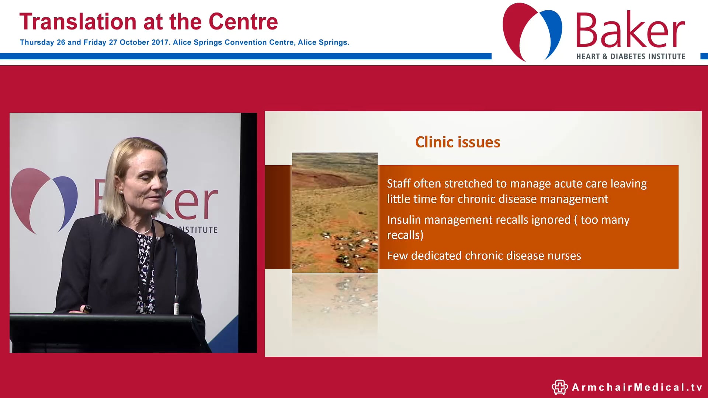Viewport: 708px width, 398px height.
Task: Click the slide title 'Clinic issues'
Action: coord(458,142)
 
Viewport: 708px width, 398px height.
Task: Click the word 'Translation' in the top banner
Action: coord(78,22)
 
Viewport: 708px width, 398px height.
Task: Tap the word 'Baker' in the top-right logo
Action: coord(630,30)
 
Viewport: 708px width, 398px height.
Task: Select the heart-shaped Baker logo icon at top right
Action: coord(532,31)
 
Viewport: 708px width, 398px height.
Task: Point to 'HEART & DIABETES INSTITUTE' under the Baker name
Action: coord(631,56)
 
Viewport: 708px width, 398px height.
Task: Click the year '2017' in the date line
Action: coord(160,42)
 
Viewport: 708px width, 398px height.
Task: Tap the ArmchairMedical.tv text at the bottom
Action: coord(637,387)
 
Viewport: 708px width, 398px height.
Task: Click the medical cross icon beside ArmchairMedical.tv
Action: coord(559,387)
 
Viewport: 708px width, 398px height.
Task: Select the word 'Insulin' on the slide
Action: coord(404,220)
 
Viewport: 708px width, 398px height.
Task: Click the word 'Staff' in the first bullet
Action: coord(400,184)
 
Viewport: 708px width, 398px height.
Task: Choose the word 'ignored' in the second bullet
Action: coord(551,220)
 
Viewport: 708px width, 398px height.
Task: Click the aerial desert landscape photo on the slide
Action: coord(334,212)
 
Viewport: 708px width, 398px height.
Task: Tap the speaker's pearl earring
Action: coord(121,192)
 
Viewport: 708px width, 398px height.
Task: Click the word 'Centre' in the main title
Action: coord(243,22)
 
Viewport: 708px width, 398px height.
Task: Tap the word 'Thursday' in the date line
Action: coord(37,42)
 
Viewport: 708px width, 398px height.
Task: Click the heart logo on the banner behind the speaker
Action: coord(44,199)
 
